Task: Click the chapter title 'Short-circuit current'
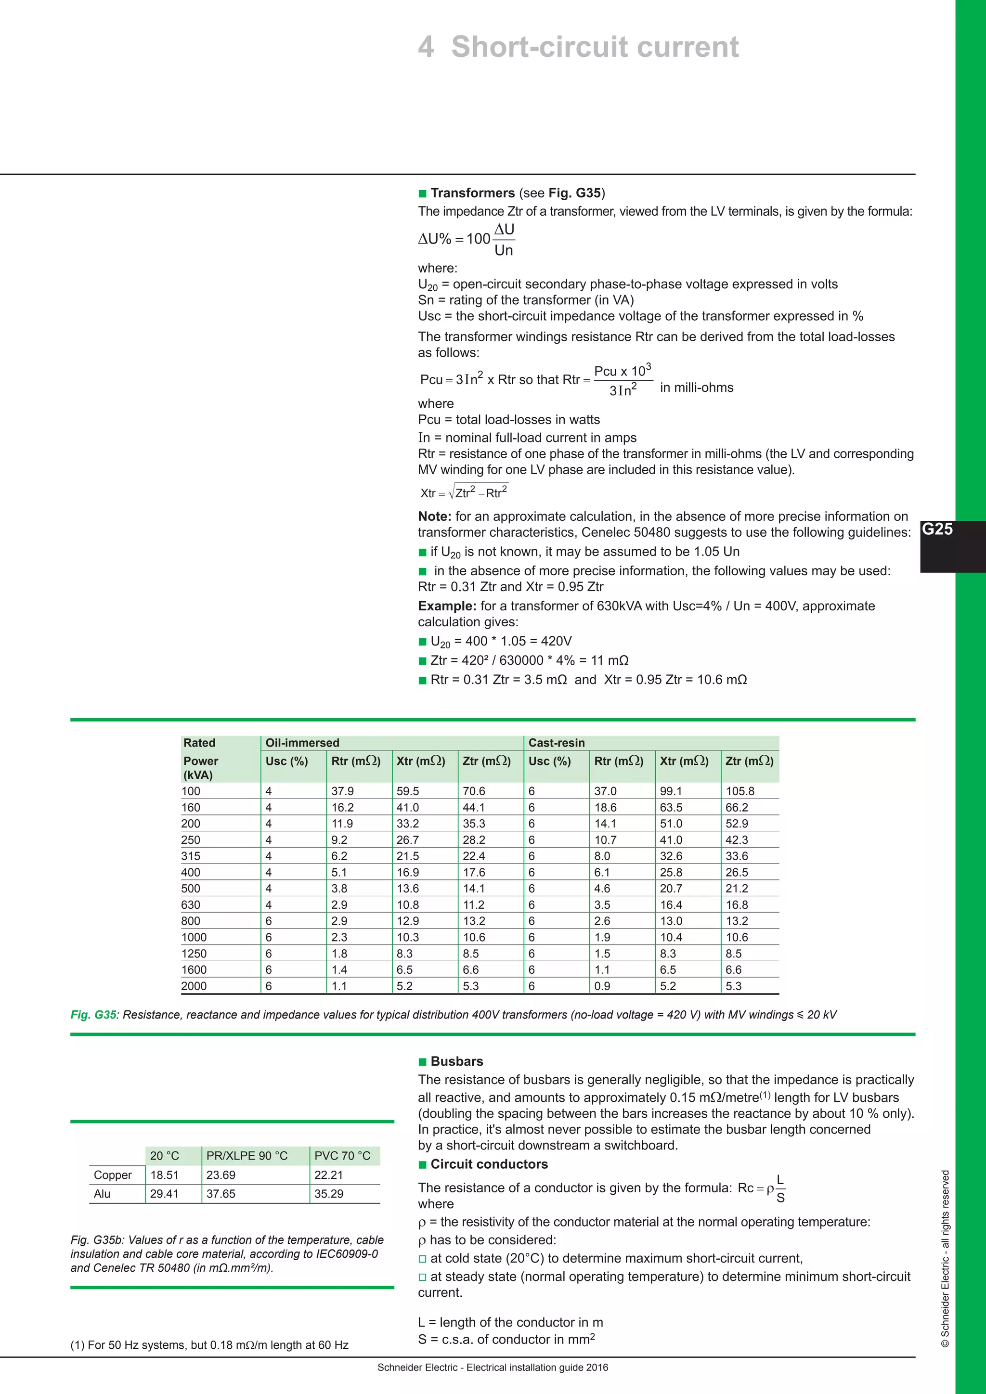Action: (595, 47)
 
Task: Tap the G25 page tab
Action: (937, 529)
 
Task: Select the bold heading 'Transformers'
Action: (472, 193)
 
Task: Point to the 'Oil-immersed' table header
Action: (302, 743)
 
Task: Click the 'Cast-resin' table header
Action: (556, 743)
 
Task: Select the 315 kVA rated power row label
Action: (191, 856)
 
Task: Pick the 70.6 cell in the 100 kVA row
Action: (474, 791)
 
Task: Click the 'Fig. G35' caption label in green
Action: (93, 1015)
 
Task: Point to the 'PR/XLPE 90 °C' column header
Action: (247, 1155)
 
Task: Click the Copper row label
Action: (113, 1175)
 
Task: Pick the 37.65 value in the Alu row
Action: (221, 1194)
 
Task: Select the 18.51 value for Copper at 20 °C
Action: (165, 1175)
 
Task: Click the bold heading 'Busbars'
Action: (456, 1061)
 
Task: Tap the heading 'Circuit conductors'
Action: (489, 1164)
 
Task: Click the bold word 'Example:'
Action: (447, 606)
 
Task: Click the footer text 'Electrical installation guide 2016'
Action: (537, 1368)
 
